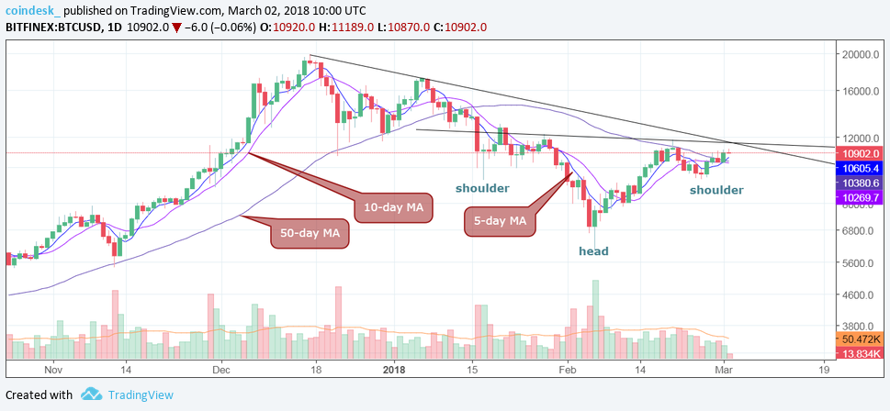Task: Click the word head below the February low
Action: tap(592, 250)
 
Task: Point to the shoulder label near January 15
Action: tap(482, 187)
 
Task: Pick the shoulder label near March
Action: tap(716, 190)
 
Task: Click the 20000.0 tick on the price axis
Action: tap(862, 54)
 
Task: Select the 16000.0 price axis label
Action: tap(862, 92)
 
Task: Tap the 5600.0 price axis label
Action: tap(862, 263)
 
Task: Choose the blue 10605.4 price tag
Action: tap(862, 168)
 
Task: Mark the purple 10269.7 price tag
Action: tap(862, 197)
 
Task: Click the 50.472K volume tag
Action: tap(862, 339)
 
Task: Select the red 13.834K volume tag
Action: tap(862, 353)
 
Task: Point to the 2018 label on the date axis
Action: tap(394, 370)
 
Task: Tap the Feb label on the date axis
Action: tap(568, 370)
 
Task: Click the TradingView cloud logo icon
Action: tap(90, 394)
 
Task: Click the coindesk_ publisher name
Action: tap(35, 9)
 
